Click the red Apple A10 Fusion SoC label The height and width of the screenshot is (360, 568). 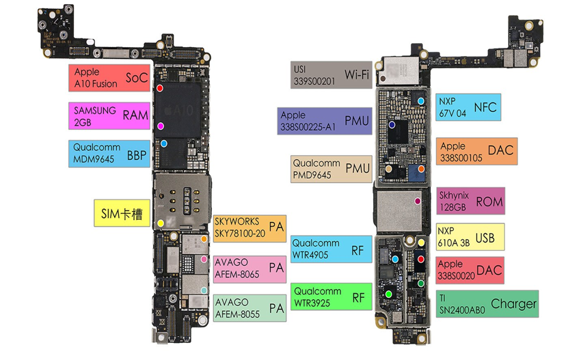tap(109, 77)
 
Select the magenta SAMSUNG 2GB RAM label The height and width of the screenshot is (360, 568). tap(109, 115)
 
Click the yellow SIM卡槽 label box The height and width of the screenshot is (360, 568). tap(120, 213)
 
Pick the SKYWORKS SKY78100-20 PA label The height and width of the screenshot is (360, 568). tap(248, 227)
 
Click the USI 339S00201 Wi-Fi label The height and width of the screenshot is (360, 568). tap(331, 74)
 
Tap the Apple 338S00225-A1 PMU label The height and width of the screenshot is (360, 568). tap(324, 121)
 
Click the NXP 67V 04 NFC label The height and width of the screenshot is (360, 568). tap(468, 107)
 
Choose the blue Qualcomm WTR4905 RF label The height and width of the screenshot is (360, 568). tap(331, 249)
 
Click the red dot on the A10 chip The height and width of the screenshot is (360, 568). tap(160, 88)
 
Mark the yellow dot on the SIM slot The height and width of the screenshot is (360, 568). tap(161, 223)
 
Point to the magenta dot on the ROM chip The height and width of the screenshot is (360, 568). tap(418, 202)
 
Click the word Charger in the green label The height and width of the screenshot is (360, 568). tap(513, 304)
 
